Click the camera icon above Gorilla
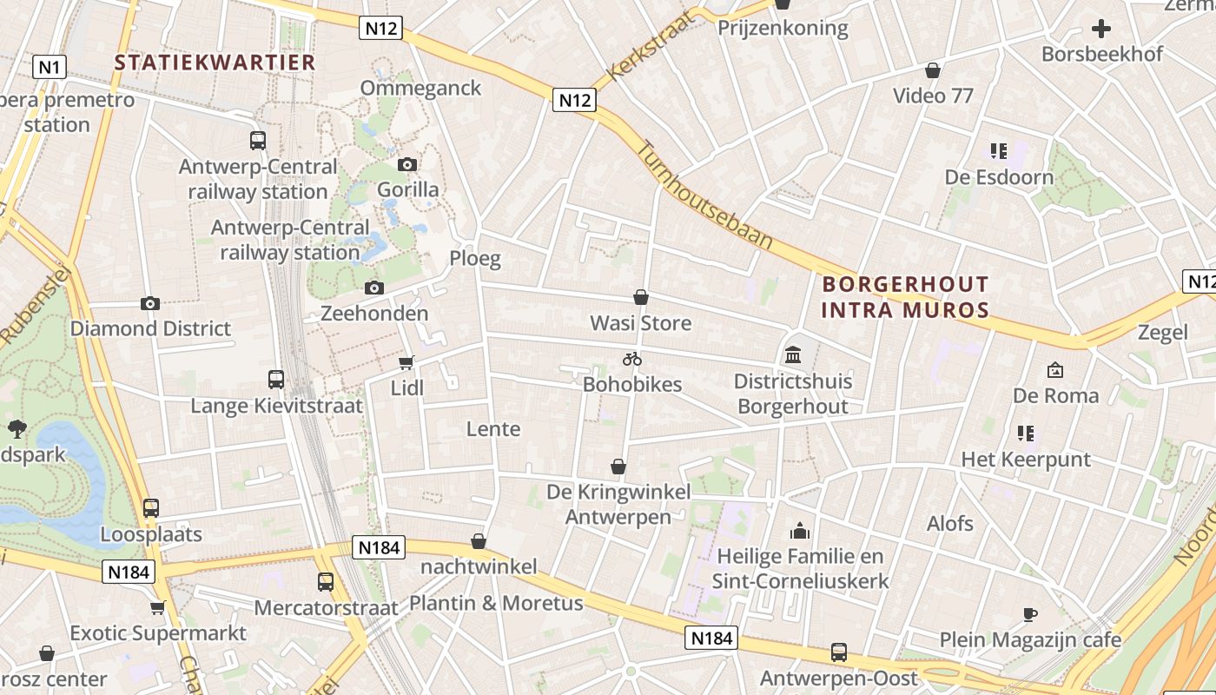point(406,164)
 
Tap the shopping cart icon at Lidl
point(406,362)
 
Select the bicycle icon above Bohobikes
point(631,358)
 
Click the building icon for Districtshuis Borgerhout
point(792,354)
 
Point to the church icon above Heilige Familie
point(799,530)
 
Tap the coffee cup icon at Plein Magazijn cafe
point(1029,614)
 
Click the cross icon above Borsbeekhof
point(1100,29)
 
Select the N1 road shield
point(50,67)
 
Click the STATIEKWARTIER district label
point(215,63)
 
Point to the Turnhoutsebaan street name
point(704,195)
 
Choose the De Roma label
point(1055,396)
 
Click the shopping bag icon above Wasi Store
point(641,297)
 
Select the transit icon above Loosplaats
point(151,508)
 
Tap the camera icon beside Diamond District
point(150,303)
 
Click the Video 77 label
point(933,96)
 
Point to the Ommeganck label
point(420,89)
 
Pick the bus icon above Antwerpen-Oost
point(838,652)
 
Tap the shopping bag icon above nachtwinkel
point(478,541)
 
